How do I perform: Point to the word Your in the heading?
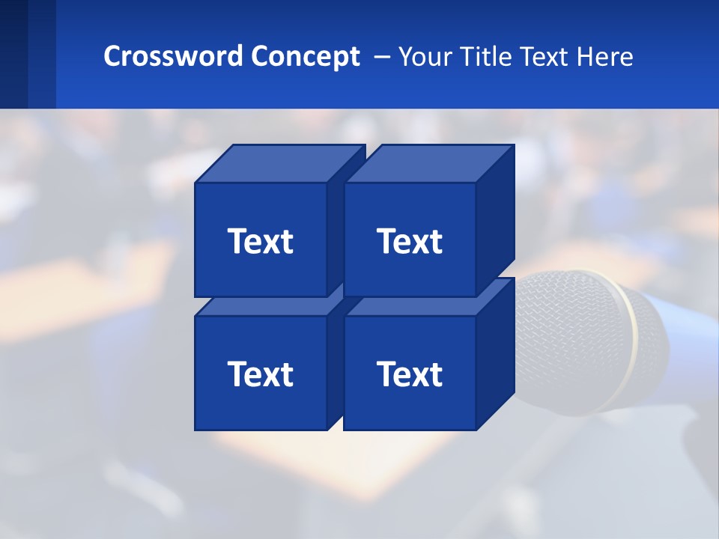pyautogui.click(x=425, y=57)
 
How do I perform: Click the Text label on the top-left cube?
pyautogui.click(x=260, y=241)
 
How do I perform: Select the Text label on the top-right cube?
pyautogui.click(x=410, y=241)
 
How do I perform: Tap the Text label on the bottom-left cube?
pyautogui.click(x=260, y=374)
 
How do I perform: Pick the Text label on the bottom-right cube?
pyautogui.click(x=410, y=374)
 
